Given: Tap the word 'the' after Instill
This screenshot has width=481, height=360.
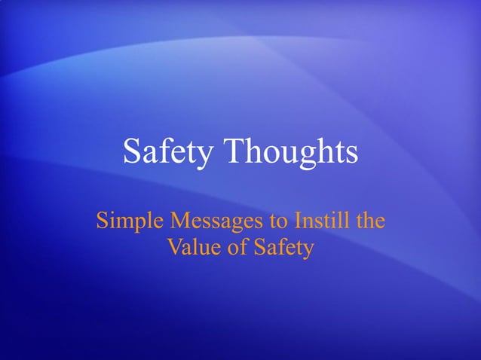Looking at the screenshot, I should tap(369, 221).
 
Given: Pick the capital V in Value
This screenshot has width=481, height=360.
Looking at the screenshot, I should tap(173, 246).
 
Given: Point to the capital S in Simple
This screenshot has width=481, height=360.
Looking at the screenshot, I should tap(103, 222).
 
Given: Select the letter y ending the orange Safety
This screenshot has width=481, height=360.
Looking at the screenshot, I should tap(307, 249).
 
